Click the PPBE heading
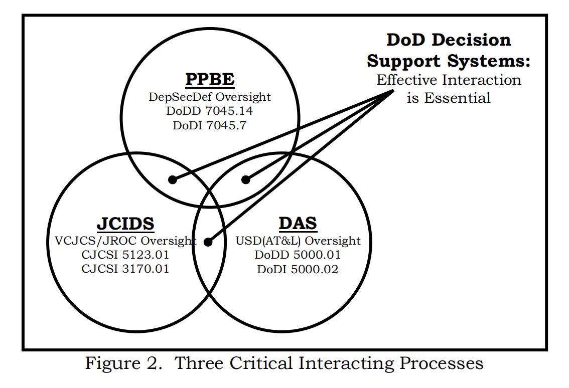[210, 79]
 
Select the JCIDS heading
[125, 224]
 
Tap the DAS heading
[298, 224]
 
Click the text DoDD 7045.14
[210, 111]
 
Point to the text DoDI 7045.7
[210, 125]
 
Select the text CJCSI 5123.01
[125, 255]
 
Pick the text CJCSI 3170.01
[125, 269]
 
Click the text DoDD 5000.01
[298, 255]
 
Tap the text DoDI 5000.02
[298, 269]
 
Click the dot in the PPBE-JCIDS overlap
[173, 179]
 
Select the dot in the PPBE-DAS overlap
[245, 179]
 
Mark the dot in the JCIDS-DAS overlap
[208, 242]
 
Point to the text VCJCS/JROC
[94, 241]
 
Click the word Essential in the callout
[457, 98]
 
